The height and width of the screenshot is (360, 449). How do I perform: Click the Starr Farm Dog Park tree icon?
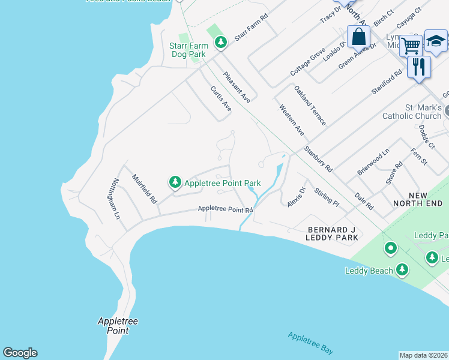coord(221,43)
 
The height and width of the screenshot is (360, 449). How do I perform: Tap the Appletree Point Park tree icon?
coord(175,182)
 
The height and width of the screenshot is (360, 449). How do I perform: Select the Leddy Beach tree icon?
coord(402,270)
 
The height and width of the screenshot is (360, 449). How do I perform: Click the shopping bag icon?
coord(358,37)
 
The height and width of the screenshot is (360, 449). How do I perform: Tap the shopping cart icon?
coord(411,45)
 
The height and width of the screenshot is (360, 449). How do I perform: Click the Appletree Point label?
coord(118,326)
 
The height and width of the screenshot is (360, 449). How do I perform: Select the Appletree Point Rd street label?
coord(226,209)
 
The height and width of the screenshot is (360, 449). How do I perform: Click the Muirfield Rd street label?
coord(144,188)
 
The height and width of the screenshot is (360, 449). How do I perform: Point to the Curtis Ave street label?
coord(220,98)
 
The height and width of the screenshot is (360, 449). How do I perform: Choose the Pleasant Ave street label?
coord(237,87)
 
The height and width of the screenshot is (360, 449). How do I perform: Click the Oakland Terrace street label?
coord(310,105)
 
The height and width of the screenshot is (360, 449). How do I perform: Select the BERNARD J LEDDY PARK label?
coord(333,233)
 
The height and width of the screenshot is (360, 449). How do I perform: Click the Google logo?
coord(20,353)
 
